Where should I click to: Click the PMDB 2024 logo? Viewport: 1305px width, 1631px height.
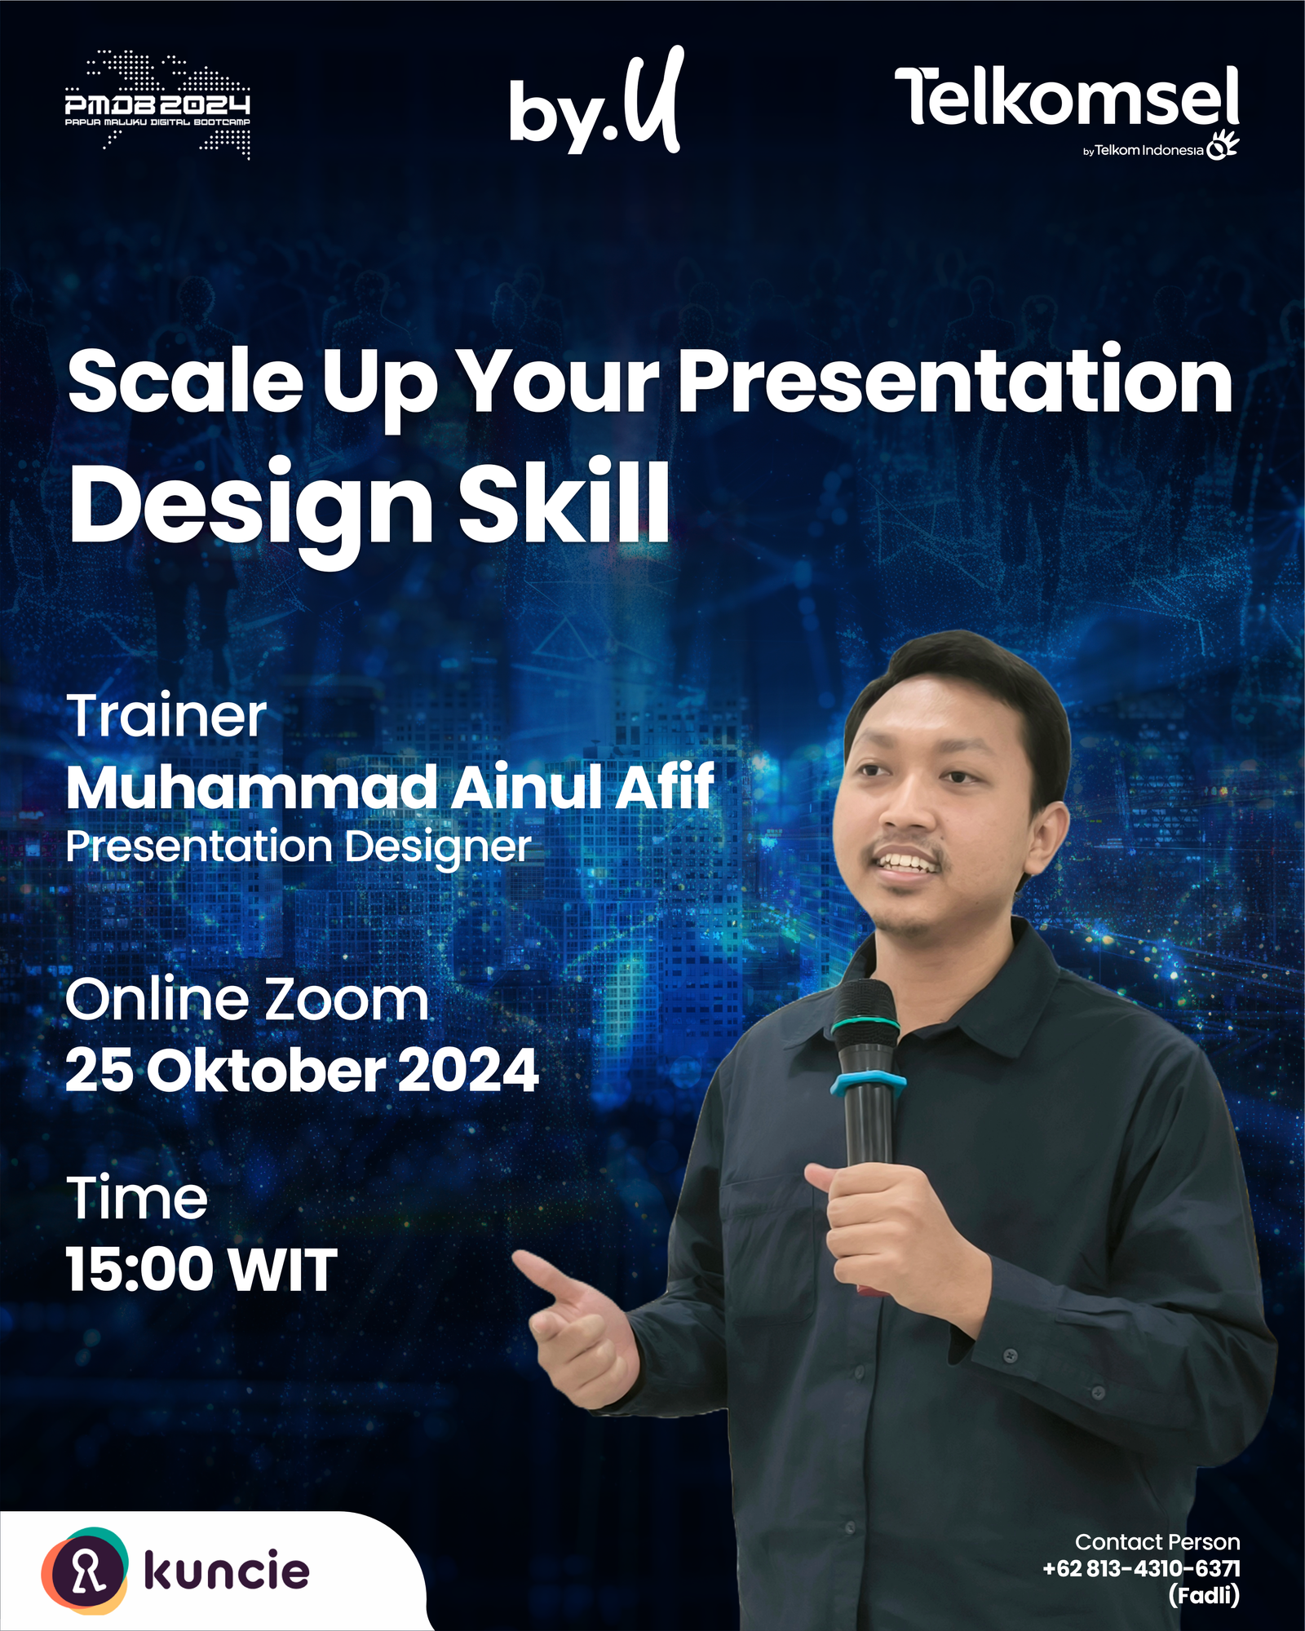click(x=157, y=104)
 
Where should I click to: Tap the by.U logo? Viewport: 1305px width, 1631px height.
click(x=596, y=101)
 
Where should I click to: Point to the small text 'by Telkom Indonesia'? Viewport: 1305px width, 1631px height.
click(x=1144, y=150)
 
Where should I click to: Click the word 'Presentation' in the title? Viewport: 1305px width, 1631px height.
click(x=955, y=381)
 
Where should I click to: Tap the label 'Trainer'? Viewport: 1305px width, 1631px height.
click(x=166, y=716)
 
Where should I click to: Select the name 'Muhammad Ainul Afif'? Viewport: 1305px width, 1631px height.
click(x=390, y=786)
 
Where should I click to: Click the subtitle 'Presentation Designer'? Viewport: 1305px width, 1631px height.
click(x=299, y=847)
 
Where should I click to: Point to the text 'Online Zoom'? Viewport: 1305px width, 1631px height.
click(x=246, y=999)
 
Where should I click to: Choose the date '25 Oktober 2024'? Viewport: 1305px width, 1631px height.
click(x=302, y=1070)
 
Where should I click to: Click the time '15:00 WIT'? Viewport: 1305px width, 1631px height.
click(x=201, y=1270)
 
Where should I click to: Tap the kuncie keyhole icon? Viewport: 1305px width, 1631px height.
click(x=85, y=1571)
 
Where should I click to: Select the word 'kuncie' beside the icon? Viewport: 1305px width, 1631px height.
click(x=227, y=1571)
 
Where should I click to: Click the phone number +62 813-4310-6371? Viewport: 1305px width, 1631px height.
click(x=1141, y=1568)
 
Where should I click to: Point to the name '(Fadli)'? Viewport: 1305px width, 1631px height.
click(x=1204, y=1594)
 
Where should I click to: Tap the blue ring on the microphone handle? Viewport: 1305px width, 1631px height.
click(x=868, y=1083)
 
